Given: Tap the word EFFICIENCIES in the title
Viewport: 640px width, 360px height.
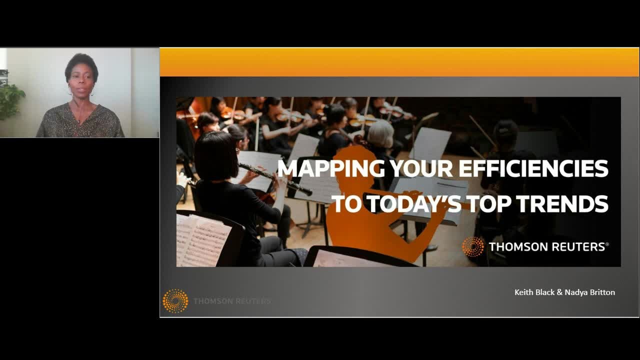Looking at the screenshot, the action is point(533,168).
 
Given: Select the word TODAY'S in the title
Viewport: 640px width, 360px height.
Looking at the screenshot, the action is point(414,204).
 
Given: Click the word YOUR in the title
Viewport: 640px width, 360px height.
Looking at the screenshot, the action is point(421,169).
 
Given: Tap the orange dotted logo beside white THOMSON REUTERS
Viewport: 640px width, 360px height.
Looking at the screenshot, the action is point(473,246).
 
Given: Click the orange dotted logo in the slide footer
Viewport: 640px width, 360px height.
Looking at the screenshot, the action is point(175,301).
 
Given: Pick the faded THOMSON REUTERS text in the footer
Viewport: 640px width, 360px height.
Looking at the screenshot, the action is point(232,301).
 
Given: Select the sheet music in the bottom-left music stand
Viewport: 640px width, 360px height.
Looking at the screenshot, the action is point(203,240).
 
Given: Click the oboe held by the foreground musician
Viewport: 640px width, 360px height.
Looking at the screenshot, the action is point(275,179).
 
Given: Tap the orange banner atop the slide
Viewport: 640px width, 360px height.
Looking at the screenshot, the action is point(399,62).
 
